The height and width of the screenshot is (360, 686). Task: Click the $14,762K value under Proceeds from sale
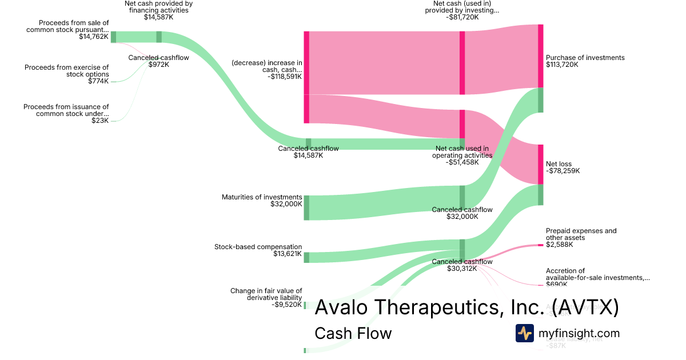(94, 37)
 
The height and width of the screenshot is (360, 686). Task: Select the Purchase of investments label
(585, 58)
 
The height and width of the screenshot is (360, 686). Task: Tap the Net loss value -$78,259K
(563, 171)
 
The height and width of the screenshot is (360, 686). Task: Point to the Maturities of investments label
(262, 197)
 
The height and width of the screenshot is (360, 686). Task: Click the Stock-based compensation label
(258, 247)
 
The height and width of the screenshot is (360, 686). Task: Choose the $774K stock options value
(98, 81)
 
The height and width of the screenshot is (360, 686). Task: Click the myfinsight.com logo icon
(524, 333)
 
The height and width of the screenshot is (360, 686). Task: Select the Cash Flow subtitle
(353, 333)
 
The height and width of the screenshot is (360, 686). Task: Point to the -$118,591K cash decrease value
(284, 76)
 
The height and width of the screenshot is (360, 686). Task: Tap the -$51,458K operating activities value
(462, 162)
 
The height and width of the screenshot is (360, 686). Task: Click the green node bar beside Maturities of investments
(306, 207)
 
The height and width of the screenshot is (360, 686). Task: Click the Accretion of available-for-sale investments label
(597, 274)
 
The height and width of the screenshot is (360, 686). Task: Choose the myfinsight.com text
(579, 333)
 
